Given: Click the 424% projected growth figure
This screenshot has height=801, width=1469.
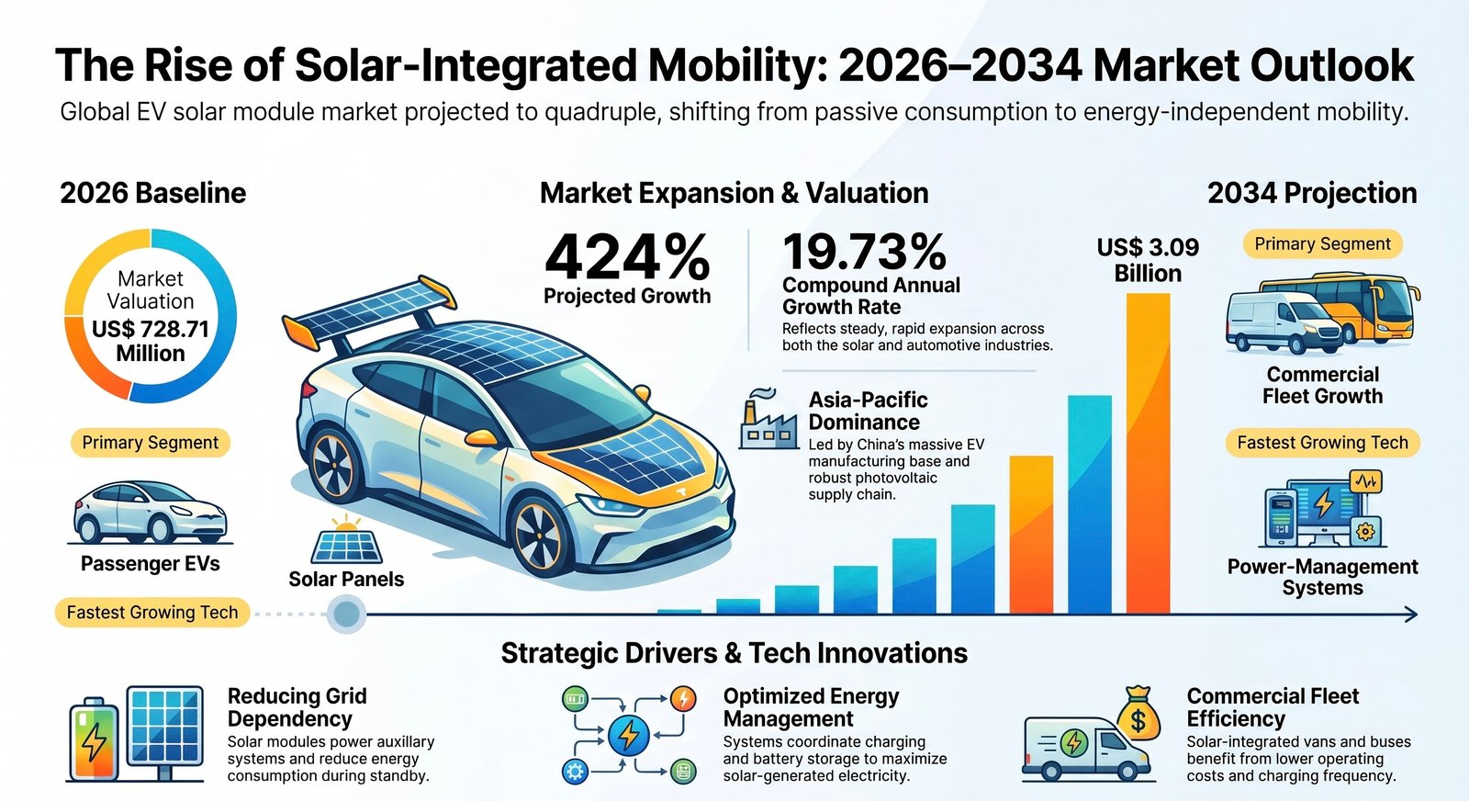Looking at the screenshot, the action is pos(627,257).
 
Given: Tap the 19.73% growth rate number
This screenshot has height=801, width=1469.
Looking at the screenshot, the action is pos(864,252).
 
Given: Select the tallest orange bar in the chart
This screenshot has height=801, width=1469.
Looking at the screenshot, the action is pos(1149,453).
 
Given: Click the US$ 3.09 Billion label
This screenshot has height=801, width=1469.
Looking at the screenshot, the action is pos(1148,260).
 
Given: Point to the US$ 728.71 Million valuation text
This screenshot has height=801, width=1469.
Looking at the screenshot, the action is pos(151,341).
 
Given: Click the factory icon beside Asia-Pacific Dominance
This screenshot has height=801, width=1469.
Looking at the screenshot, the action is pos(768,419).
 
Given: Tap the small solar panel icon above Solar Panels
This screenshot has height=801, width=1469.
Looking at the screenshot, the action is pos(346,539).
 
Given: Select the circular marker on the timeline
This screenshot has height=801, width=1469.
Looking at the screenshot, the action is pos(346,614).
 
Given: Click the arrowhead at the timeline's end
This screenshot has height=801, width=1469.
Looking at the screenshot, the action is pos(1410,615).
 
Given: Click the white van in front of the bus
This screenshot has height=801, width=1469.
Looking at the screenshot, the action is pos(1283,322).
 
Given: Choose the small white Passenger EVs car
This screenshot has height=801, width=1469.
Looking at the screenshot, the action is pos(151,513).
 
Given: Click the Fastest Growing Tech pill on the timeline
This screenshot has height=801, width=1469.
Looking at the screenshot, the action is pos(152,612).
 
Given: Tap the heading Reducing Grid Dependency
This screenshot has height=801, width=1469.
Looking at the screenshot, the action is pos(297,707).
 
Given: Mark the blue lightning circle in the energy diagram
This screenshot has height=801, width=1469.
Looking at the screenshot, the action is pos(629,736).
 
